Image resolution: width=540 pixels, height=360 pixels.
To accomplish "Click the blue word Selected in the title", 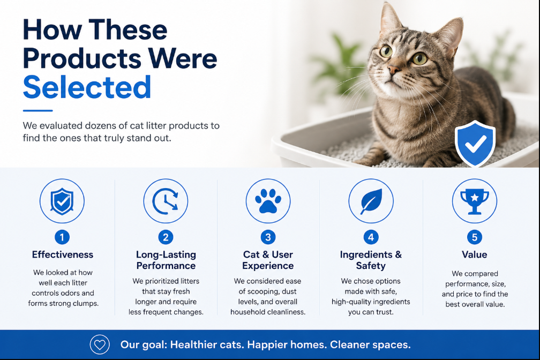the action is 87,87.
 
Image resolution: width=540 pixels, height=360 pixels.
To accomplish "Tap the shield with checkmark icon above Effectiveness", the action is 62,201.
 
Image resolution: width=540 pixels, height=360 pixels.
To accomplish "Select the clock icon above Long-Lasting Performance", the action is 166,201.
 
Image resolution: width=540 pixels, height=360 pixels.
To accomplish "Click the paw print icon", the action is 268,200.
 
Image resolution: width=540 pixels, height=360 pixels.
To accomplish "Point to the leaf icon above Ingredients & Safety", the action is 371,201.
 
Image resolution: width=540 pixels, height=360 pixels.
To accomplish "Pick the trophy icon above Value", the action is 475,201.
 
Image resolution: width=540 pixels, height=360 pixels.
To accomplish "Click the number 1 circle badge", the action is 62,237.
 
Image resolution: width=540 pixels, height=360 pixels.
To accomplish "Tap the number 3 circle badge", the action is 268,237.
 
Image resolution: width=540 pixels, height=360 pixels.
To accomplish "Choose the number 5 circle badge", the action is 475,237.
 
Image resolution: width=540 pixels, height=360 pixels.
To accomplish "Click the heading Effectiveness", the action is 63,254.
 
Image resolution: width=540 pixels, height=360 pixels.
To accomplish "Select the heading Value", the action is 475,254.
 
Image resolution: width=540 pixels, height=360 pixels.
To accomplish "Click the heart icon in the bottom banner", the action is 100,344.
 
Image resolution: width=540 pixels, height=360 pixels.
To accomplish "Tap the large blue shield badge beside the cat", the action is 475,144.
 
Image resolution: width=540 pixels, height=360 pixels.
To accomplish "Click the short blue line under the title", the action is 37,110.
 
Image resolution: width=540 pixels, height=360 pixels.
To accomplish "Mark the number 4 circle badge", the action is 371,237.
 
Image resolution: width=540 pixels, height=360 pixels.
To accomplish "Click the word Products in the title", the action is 82,58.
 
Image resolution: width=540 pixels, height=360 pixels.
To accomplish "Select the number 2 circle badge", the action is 166,237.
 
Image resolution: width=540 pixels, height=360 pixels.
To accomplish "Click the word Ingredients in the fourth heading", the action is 366,254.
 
